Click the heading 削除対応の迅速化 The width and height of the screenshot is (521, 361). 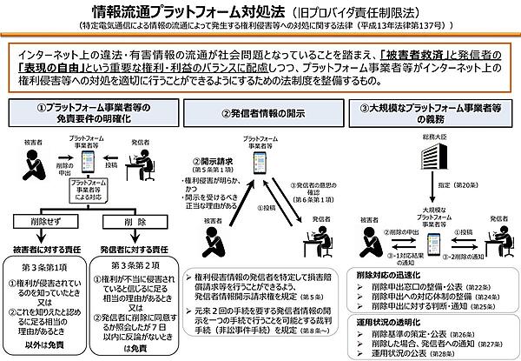[382, 273]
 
